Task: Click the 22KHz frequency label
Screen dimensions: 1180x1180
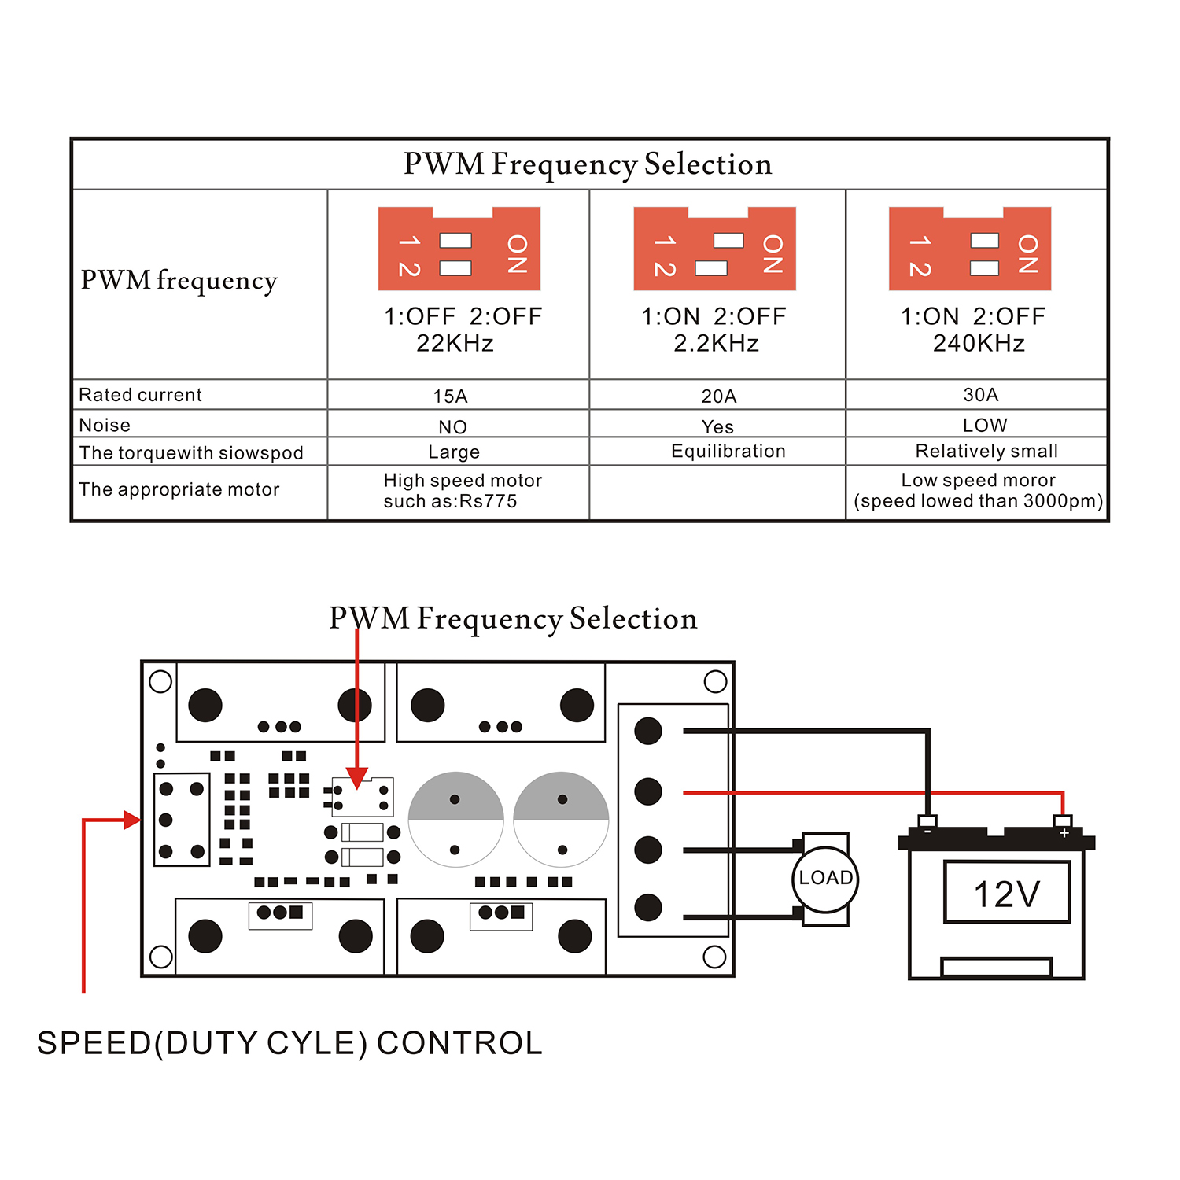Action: click(455, 344)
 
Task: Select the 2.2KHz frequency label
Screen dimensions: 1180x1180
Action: click(716, 344)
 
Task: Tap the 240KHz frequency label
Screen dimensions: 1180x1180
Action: click(979, 344)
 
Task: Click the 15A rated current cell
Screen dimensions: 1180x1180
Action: click(450, 396)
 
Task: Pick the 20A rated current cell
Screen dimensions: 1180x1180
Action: click(718, 396)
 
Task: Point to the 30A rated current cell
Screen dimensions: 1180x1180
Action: click(981, 394)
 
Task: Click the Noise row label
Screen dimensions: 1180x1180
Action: click(105, 425)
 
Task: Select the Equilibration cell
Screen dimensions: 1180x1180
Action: click(728, 451)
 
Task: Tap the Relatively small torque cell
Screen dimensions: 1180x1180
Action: click(986, 451)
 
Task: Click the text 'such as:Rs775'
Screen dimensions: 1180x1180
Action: click(450, 501)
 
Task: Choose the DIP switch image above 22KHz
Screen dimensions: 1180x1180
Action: click(459, 249)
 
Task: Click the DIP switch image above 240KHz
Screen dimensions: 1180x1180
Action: click(970, 249)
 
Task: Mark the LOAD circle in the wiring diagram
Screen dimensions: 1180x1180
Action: click(825, 879)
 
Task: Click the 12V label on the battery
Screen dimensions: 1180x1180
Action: click(1007, 894)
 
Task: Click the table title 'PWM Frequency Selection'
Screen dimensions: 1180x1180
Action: click(588, 164)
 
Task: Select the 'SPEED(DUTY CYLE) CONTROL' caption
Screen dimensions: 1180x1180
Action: click(289, 1043)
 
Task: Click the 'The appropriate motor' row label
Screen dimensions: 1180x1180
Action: click(179, 489)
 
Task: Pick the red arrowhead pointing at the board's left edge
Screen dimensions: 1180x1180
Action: click(132, 820)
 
